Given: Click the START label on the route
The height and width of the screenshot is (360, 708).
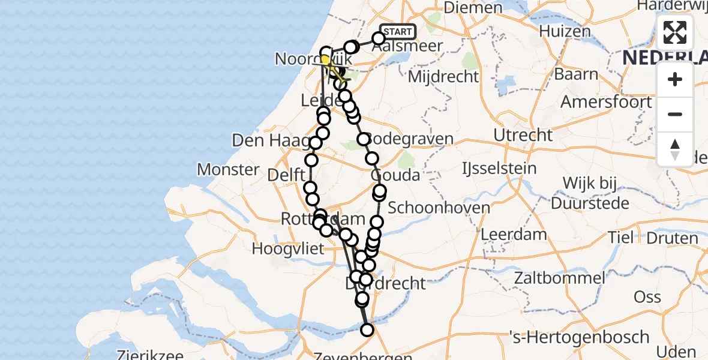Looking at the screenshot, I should (x=397, y=32).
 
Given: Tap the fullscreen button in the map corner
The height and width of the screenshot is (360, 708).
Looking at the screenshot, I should (x=675, y=32).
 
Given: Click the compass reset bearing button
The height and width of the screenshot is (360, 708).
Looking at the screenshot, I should (x=675, y=149).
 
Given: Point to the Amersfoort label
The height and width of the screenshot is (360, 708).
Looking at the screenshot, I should (x=606, y=101).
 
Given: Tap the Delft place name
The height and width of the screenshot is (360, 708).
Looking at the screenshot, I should (x=287, y=176).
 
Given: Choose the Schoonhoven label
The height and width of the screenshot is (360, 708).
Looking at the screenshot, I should (x=439, y=208).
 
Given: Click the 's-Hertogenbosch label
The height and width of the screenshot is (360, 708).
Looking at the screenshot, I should (x=578, y=337).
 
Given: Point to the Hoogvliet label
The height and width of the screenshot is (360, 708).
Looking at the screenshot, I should (x=290, y=248).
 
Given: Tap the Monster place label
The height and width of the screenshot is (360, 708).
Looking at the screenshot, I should (x=228, y=169).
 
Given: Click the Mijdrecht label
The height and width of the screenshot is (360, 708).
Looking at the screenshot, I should (x=443, y=77).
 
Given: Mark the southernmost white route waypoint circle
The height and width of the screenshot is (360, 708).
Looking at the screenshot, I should (x=367, y=329).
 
